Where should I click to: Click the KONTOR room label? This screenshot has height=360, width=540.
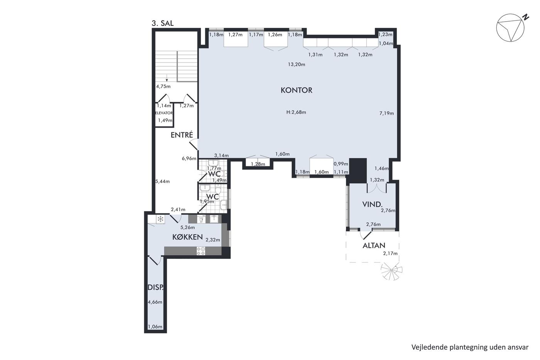click(x=296, y=90)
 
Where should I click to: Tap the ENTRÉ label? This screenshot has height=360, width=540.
click(x=182, y=135)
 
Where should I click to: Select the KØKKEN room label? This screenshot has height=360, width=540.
click(x=187, y=237)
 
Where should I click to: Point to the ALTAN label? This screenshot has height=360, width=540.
click(x=374, y=245)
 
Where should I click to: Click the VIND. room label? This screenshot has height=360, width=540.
click(x=373, y=205)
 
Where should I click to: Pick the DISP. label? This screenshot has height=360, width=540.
click(x=155, y=287)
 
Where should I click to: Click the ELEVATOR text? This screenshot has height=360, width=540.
click(x=164, y=113)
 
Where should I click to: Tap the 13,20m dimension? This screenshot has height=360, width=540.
click(x=297, y=64)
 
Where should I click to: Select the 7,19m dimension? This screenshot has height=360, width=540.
click(x=386, y=113)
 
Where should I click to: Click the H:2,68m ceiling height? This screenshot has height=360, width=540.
click(x=296, y=112)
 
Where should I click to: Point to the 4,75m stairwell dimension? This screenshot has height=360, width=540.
click(x=163, y=86)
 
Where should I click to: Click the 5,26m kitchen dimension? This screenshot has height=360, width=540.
click(x=187, y=227)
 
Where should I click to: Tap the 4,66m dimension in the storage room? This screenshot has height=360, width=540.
click(x=155, y=302)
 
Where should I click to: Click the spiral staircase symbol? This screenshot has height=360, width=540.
click(x=391, y=271)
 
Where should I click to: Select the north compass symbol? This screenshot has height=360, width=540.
click(x=511, y=27)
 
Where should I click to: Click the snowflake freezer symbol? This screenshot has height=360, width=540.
click(x=160, y=219)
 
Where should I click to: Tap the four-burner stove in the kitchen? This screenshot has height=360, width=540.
click(x=201, y=251)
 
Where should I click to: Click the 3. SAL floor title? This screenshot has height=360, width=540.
click(x=162, y=24)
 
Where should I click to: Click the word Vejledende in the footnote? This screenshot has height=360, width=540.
click(x=425, y=347)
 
